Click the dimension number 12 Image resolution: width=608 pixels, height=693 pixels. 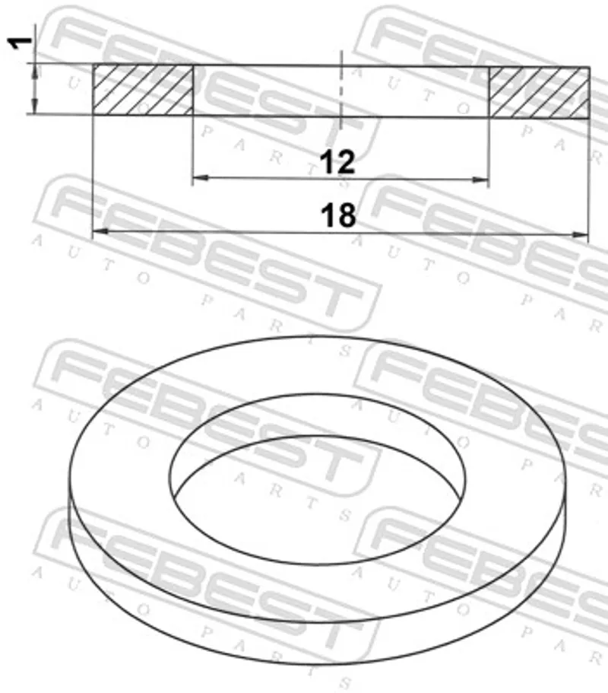pyautogui.click(x=337, y=162)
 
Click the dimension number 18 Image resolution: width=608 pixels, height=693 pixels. pyautogui.click(x=338, y=215)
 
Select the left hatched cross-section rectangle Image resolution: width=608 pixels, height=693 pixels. pyautogui.click(x=143, y=90)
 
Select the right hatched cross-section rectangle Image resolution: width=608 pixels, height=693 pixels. pyautogui.click(x=539, y=92)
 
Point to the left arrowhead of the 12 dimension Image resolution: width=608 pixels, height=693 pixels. pyautogui.click(x=201, y=178)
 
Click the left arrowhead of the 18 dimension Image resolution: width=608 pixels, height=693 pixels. pyautogui.click(x=100, y=230)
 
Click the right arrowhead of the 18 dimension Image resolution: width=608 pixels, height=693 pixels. pyautogui.click(x=580, y=235)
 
